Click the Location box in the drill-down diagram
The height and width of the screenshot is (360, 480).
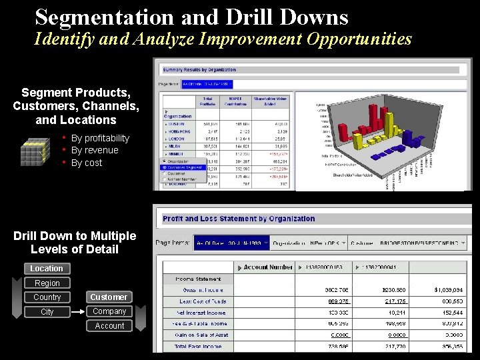(47, 269)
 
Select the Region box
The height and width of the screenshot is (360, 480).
(47, 283)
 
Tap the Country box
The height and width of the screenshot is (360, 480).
(47, 297)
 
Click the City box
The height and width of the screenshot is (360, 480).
(47, 312)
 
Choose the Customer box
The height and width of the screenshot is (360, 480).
(109, 297)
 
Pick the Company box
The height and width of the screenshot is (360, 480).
(109, 311)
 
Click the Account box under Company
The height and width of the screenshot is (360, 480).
(109, 326)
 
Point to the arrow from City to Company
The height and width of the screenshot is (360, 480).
(77, 312)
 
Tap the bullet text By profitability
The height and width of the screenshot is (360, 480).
(100, 138)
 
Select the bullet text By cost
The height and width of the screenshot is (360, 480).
(87, 163)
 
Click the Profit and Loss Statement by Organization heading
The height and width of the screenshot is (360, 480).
(239, 219)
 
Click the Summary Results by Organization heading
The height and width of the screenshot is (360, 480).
(199, 69)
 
